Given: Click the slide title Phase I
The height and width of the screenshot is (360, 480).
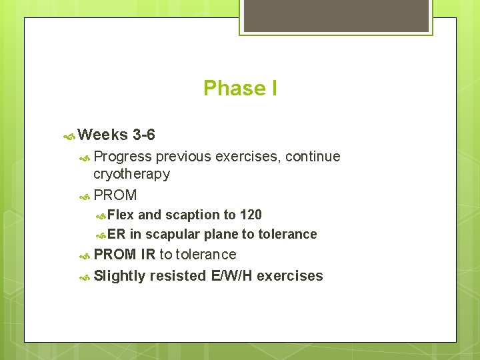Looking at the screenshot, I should [x=240, y=88].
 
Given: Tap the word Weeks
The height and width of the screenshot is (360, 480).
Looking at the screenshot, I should [x=103, y=135].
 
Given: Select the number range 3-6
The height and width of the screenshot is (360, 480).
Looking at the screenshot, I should [x=144, y=135].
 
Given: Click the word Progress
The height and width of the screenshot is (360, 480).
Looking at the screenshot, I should [x=123, y=157].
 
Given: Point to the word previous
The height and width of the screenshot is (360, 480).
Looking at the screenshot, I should [x=185, y=157].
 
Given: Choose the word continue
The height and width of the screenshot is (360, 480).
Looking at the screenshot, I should [x=313, y=157].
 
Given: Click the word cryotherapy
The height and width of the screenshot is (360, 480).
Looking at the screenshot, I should [x=131, y=174].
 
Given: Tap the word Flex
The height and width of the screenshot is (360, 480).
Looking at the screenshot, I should [x=121, y=215].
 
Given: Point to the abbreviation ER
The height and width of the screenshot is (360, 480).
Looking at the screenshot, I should [x=116, y=234].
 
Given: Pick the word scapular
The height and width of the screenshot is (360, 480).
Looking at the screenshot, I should [x=172, y=234].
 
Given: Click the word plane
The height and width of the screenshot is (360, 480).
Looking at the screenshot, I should [x=221, y=234].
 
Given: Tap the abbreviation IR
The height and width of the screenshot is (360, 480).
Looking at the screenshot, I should [x=148, y=254].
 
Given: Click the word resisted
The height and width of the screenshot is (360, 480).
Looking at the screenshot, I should [x=178, y=276].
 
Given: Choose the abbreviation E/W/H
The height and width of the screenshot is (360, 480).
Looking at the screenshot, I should [x=231, y=276].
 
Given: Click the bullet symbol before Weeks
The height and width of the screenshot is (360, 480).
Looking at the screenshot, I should [x=69, y=136].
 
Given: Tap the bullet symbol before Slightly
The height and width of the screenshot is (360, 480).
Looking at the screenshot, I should [x=85, y=277].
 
